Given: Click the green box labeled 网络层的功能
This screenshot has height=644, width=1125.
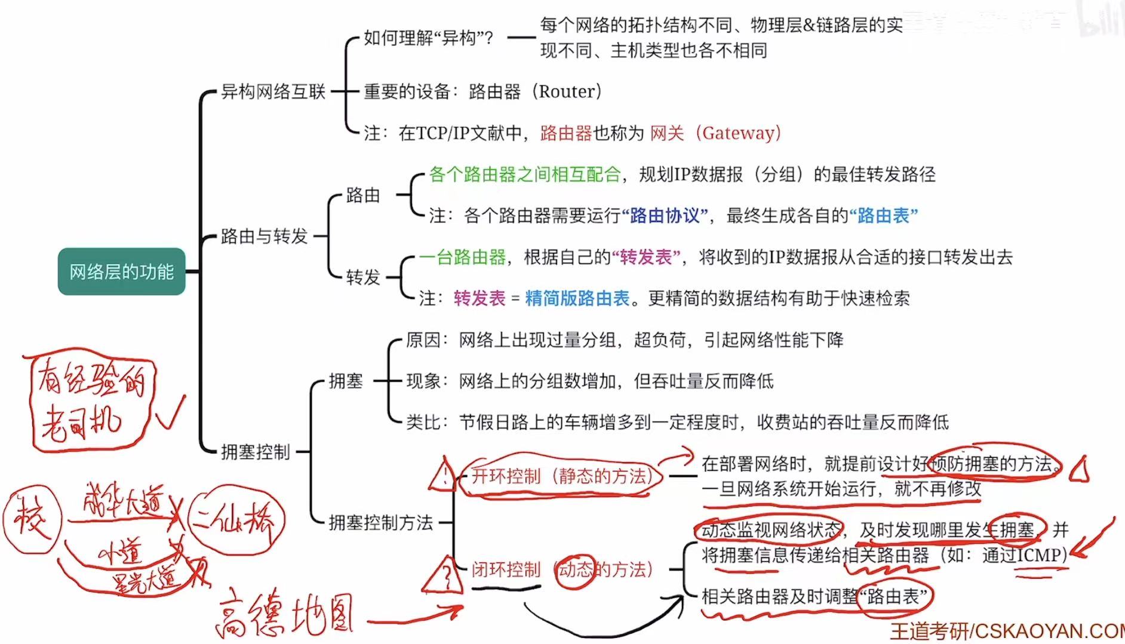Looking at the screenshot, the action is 121,272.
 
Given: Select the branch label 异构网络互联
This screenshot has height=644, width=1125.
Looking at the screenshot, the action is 273,91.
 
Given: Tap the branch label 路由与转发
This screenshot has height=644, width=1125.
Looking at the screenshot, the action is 264,236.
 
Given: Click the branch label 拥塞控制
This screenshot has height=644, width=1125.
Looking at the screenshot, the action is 255,452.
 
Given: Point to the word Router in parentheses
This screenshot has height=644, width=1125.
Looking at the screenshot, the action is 567,91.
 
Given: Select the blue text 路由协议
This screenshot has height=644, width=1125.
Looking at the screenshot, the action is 664,215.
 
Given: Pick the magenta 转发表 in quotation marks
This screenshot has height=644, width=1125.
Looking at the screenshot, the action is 646,257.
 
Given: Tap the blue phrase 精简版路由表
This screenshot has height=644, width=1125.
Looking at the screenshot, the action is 577,298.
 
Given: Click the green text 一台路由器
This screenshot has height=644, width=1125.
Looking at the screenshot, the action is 462,257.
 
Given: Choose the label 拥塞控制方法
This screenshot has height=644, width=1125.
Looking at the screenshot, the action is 380,523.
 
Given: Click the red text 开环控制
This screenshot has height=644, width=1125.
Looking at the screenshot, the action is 506,476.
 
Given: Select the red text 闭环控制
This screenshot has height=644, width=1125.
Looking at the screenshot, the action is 506,570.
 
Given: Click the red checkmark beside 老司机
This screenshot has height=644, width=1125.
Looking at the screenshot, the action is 170,412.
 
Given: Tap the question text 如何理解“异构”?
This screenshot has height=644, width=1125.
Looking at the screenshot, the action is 428,39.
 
